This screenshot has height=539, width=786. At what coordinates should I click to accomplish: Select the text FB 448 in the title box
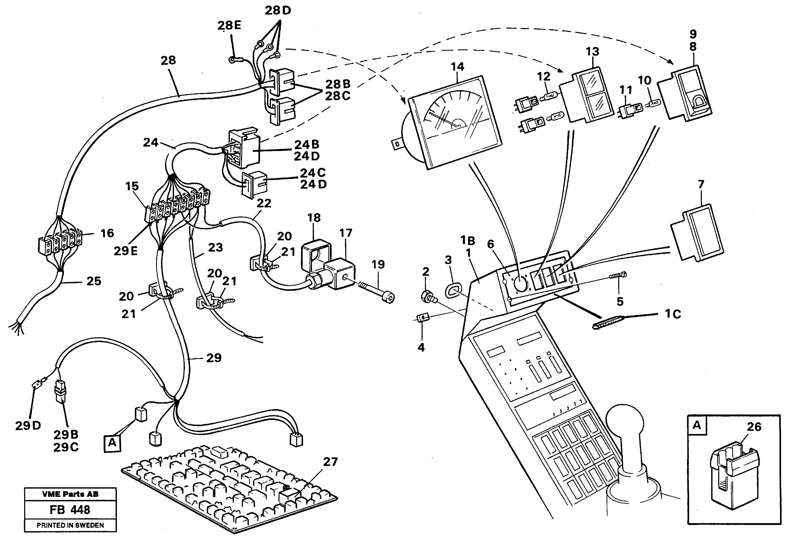click(70, 510)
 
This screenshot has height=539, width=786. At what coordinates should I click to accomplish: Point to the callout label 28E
click(229, 25)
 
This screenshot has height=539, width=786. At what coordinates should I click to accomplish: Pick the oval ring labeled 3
click(452, 291)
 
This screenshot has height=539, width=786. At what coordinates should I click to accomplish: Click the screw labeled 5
click(618, 276)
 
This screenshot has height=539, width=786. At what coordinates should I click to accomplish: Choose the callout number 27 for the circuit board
click(330, 462)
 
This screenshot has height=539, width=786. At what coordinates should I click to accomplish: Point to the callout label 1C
click(673, 314)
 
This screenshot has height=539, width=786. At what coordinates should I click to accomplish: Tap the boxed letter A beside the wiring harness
click(112, 443)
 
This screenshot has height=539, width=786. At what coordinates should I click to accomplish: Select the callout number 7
click(701, 185)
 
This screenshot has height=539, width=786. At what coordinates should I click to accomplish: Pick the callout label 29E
click(125, 251)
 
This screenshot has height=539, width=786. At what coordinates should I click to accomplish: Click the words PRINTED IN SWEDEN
click(70, 525)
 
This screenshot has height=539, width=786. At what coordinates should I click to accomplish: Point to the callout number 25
click(94, 281)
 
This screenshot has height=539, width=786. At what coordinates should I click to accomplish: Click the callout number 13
click(592, 51)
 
